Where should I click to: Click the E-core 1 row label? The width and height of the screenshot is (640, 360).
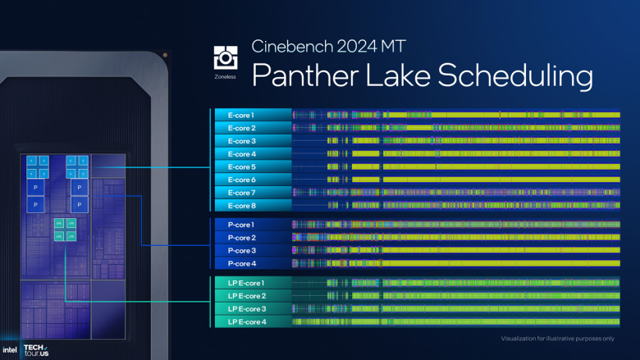pyautogui.click(x=241, y=115)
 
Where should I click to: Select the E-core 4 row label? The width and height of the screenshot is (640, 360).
pyautogui.click(x=241, y=154)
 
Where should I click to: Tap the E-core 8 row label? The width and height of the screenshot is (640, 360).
pyautogui.click(x=241, y=205)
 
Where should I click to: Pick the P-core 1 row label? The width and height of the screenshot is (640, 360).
pyautogui.click(x=241, y=225)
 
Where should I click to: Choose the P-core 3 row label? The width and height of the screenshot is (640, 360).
pyautogui.click(x=241, y=250)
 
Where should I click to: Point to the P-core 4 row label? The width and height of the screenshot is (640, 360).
pyautogui.click(x=241, y=263)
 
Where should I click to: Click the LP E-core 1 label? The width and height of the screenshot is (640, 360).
pyautogui.click(x=247, y=283)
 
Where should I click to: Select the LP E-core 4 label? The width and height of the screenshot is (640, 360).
pyautogui.click(x=247, y=321)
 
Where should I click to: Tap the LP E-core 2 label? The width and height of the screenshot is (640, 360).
pyautogui.click(x=247, y=296)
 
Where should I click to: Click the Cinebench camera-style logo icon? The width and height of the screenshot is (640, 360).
pyautogui.click(x=224, y=57)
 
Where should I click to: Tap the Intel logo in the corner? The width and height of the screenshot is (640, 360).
pyautogui.click(x=10, y=349)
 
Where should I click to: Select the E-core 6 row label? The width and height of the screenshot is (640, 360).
pyautogui.click(x=241, y=180)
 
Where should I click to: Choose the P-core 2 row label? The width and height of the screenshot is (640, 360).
pyautogui.click(x=241, y=238)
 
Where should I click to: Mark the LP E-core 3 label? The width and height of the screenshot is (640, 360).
pyautogui.click(x=247, y=309)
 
